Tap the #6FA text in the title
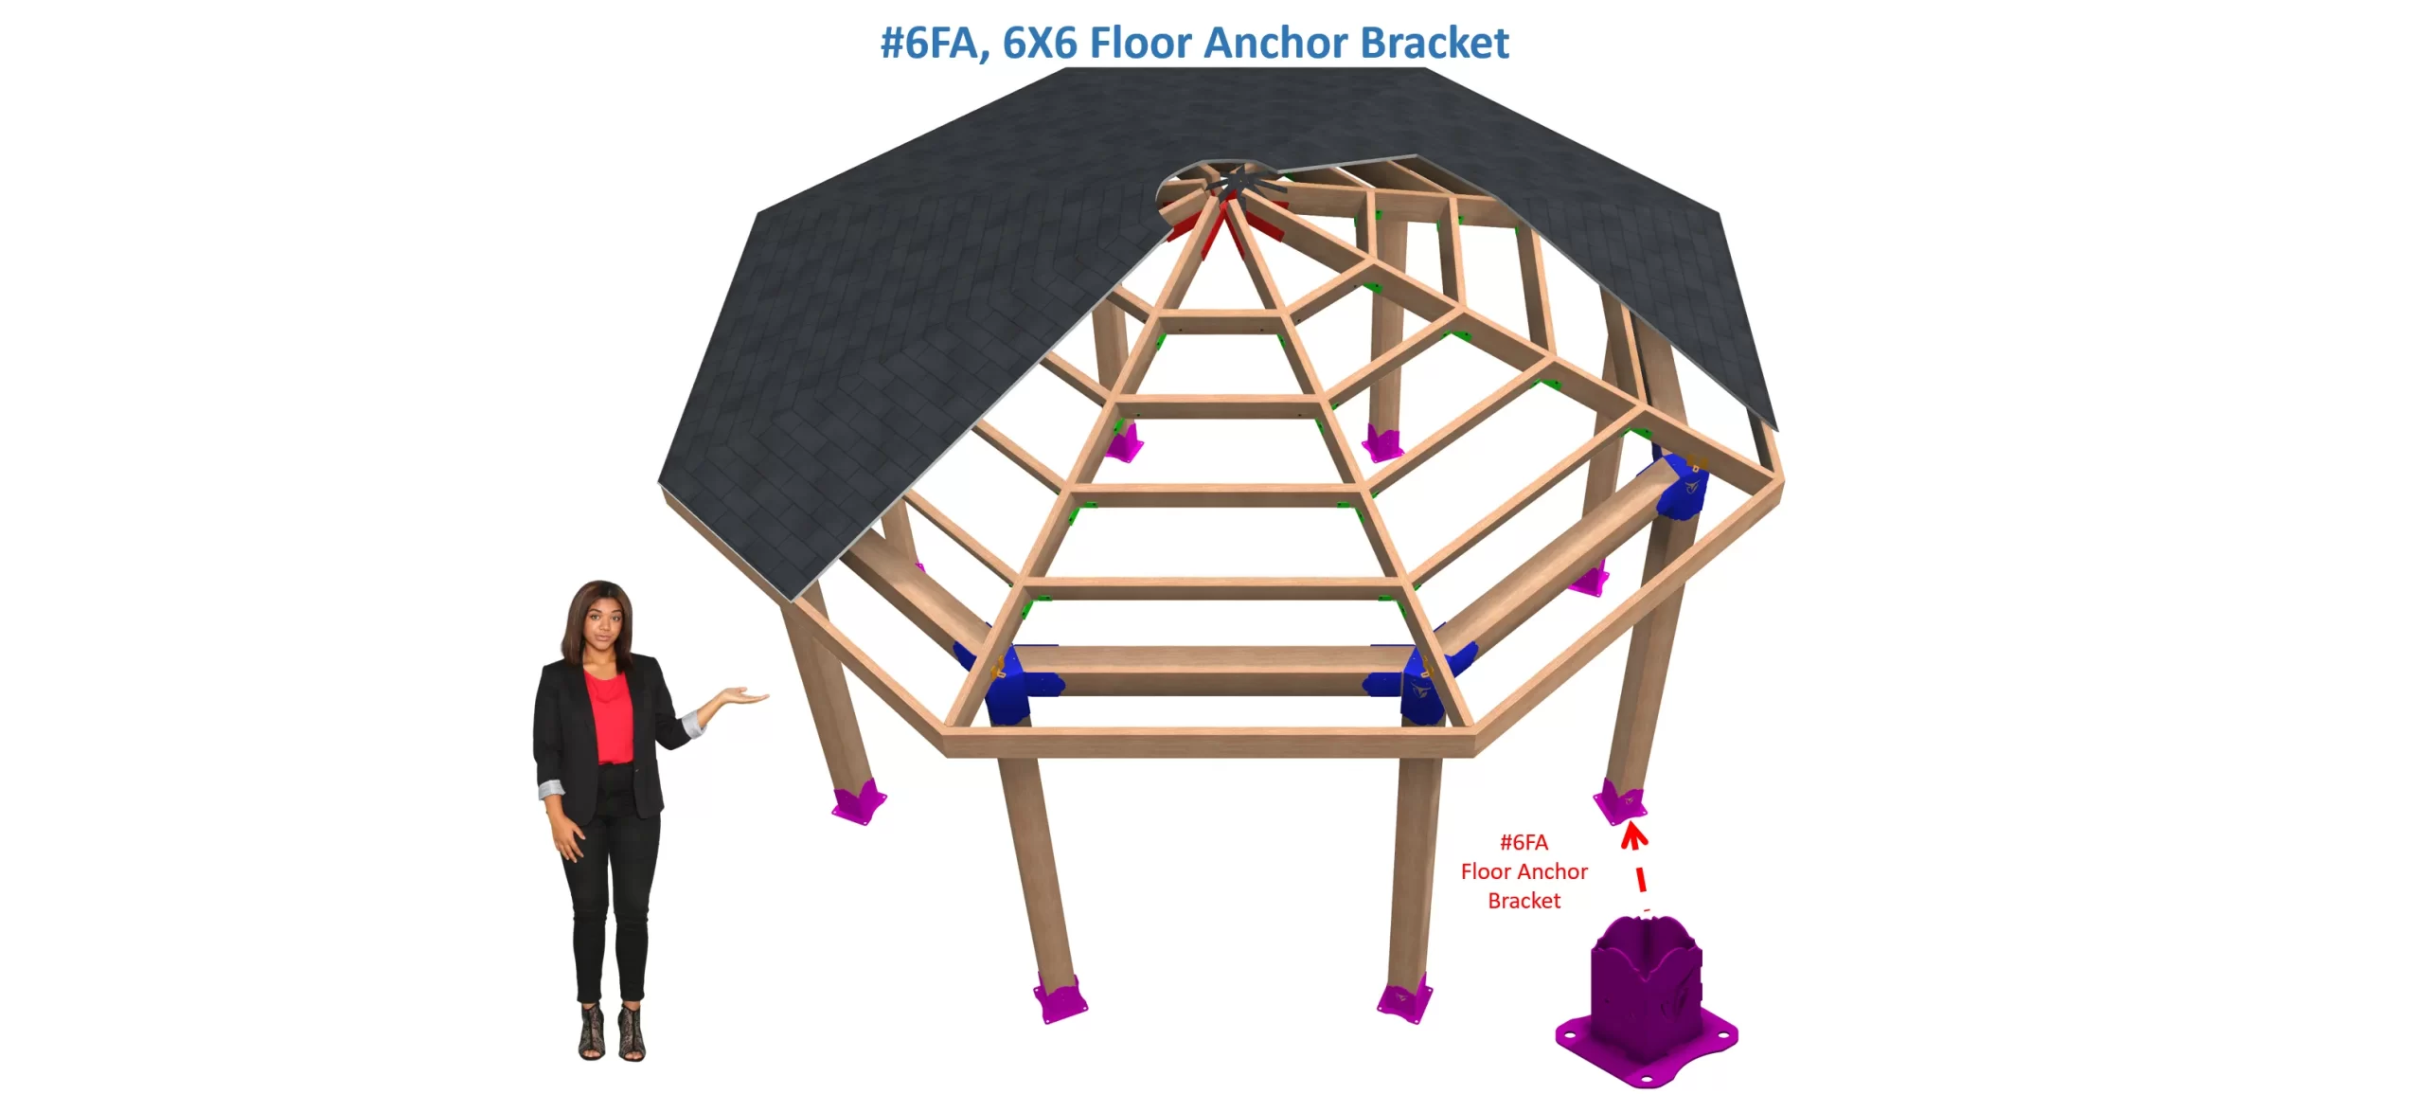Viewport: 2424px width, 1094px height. tap(934, 43)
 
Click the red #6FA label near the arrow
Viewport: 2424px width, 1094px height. tap(1524, 842)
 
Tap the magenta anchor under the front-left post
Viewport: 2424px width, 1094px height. tap(1060, 998)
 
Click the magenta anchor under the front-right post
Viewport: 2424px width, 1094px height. tap(1403, 1002)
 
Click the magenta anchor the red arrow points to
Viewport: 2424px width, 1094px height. tap(1620, 801)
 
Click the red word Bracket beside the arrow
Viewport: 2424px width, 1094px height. tap(1524, 901)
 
